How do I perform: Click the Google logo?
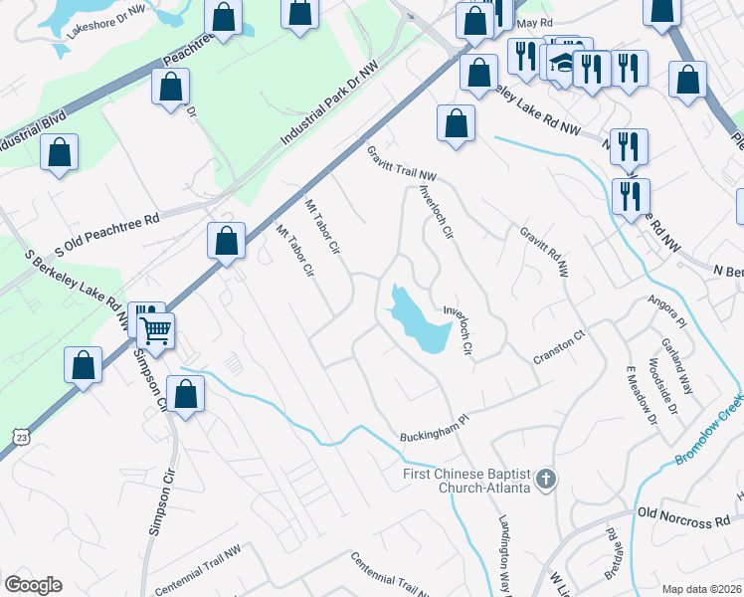[x=33, y=585]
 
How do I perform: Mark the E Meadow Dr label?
[x=642, y=395]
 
